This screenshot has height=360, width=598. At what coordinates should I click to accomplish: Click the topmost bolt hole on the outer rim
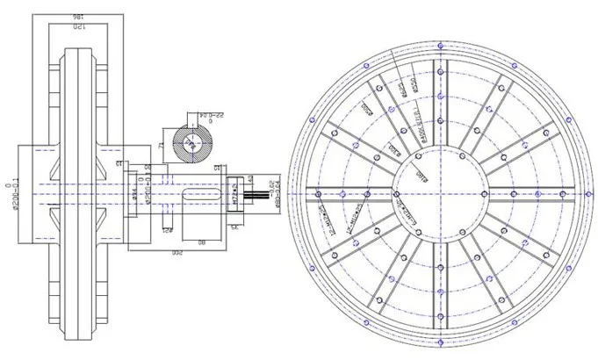[x=438, y=40]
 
